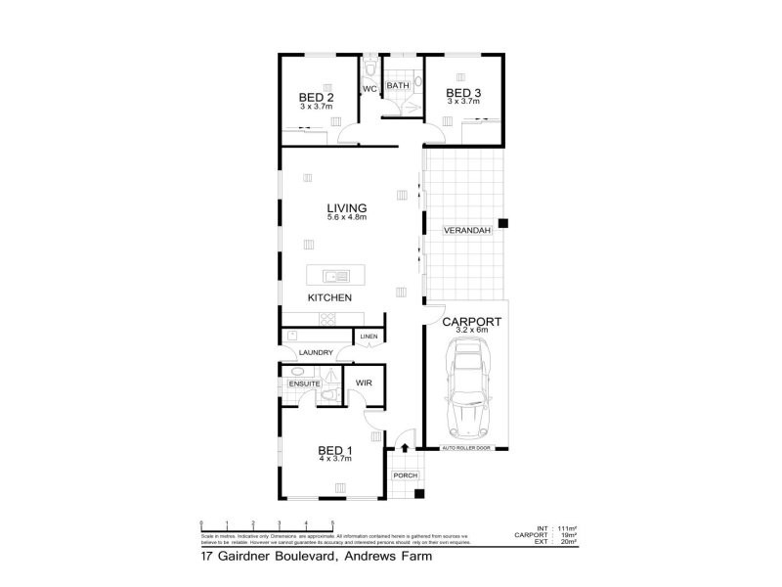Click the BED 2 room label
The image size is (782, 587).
(317, 97)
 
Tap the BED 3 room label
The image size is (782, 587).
(463, 93)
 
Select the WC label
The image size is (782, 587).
(369, 89)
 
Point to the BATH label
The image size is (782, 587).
(398, 86)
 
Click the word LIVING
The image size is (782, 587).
(346, 207)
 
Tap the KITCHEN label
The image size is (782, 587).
(329, 297)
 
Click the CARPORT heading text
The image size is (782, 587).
(472, 321)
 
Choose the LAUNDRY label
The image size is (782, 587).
(316, 352)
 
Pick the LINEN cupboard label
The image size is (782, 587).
(369, 338)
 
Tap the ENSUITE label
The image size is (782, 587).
(304, 384)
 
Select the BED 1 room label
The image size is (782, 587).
(334, 450)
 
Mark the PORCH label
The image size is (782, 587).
(405, 475)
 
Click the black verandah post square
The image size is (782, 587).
(503, 224)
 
